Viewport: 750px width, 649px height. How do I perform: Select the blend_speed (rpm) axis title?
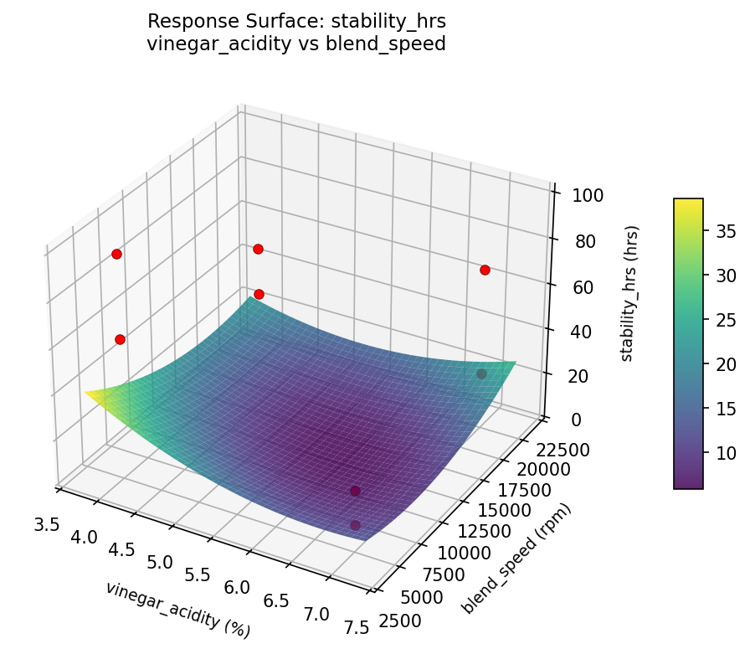pos(517,559)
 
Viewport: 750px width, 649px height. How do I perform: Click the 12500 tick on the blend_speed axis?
pos(470,531)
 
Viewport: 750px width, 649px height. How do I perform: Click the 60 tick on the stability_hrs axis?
pos(576,287)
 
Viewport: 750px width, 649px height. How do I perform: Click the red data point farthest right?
pos(485,270)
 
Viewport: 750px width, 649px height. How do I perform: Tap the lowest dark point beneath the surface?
pos(356,525)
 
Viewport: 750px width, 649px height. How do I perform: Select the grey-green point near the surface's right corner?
pos(481,373)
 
